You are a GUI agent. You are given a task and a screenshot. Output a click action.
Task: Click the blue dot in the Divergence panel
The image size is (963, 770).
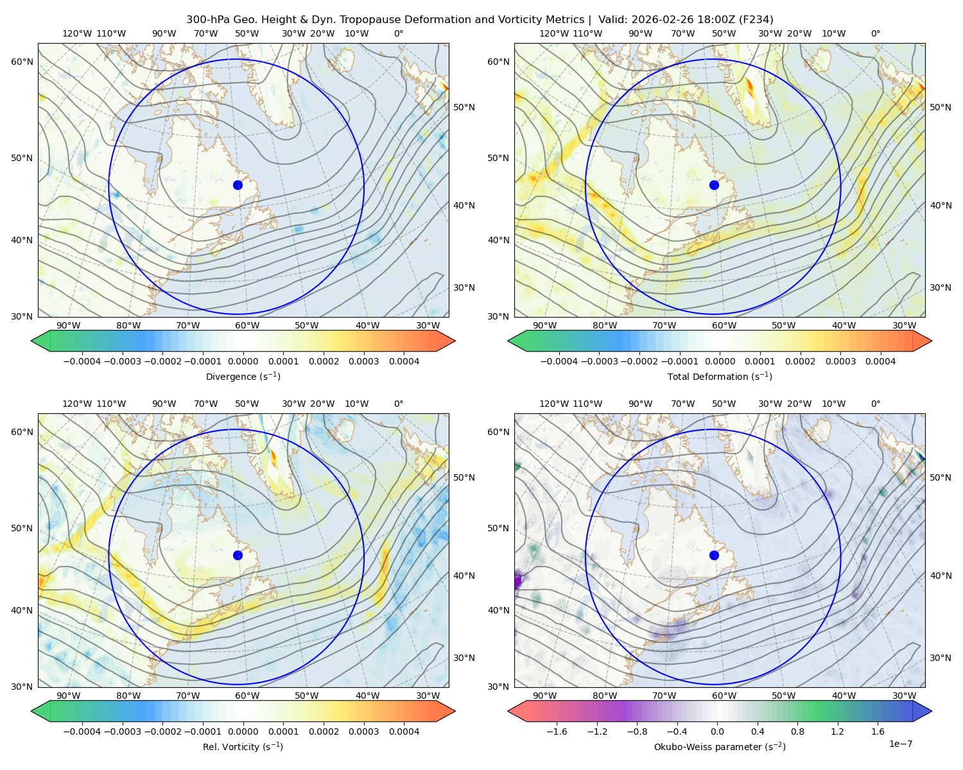[238, 185]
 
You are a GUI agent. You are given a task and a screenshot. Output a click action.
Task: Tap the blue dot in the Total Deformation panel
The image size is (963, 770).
[714, 185]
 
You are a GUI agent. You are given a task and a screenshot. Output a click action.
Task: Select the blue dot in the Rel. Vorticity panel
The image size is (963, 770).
[238, 555]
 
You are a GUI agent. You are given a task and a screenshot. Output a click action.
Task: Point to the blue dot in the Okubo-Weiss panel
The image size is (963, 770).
[714, 555]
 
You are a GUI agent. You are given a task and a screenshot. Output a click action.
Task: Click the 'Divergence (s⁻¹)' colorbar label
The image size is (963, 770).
[243, 376]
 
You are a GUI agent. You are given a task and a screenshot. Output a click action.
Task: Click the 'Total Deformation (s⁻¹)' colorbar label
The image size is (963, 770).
[720, 376]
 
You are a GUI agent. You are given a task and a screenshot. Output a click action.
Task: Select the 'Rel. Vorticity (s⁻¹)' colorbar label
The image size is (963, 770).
[243, 746]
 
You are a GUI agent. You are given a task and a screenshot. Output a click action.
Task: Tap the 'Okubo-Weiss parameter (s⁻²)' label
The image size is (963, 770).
[720, 746]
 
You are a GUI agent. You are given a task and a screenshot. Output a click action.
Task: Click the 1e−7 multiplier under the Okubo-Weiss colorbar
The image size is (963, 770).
[900, 744]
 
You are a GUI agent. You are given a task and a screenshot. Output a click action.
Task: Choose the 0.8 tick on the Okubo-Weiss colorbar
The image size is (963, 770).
[797, 731]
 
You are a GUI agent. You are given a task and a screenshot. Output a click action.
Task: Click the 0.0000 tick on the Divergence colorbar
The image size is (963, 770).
[243, 361]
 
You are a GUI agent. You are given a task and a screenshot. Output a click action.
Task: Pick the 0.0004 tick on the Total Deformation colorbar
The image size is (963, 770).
[880, 361]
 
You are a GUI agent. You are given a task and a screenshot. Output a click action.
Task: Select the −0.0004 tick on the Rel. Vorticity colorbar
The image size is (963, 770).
[82, 731]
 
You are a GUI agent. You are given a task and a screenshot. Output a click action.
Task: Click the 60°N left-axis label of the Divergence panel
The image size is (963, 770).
[22, 62]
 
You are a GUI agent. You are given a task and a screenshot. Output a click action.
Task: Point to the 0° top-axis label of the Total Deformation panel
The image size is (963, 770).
[875, 33]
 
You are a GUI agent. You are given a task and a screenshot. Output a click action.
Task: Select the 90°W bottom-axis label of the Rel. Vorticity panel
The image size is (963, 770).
[69, 696]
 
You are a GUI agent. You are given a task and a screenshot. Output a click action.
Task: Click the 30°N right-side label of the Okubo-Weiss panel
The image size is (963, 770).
[940, 657]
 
